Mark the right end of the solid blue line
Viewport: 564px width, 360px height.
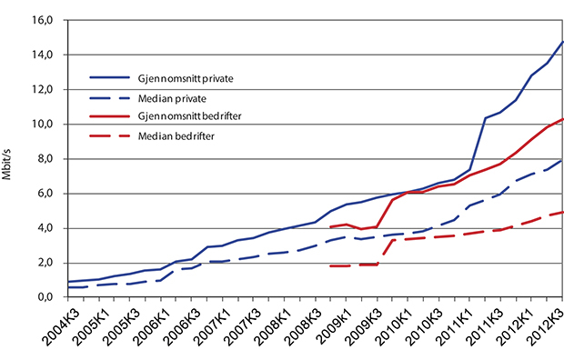pyautogui.click(x=563, y=42)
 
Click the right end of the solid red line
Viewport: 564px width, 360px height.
pyautogui.click(x=563, y=119)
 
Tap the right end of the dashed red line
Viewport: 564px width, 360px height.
pyautogui.click(x=563, y=212)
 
